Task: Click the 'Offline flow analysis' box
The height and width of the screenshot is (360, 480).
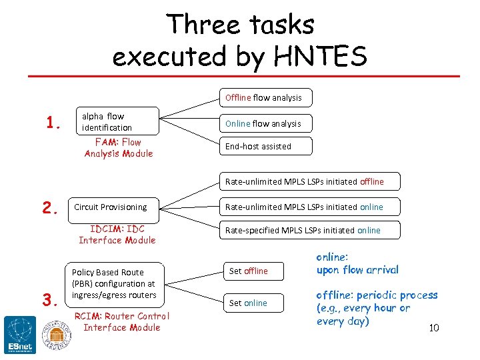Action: (263, 98)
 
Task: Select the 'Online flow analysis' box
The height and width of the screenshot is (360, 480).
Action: (263, 123)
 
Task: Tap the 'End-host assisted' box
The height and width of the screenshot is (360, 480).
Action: (263, 146)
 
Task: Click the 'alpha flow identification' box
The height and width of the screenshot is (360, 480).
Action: (117, 121)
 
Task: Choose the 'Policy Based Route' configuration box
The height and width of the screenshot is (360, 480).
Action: (115, 283)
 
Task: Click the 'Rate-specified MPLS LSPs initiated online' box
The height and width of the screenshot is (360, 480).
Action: (309, 231)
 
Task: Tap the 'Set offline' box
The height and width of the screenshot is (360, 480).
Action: (253, 271)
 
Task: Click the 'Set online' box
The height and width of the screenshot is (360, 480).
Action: (253, 303)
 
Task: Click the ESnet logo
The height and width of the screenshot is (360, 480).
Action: (19, 334)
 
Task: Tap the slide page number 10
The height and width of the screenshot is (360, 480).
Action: (433, 328)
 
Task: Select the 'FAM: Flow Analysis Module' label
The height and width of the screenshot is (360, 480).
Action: (119, 147)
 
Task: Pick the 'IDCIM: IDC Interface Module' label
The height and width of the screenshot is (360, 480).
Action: (117, 234)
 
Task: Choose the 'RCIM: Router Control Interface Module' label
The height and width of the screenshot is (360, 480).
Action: (122, 321)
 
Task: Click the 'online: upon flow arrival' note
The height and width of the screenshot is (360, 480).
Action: (357, 263)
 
